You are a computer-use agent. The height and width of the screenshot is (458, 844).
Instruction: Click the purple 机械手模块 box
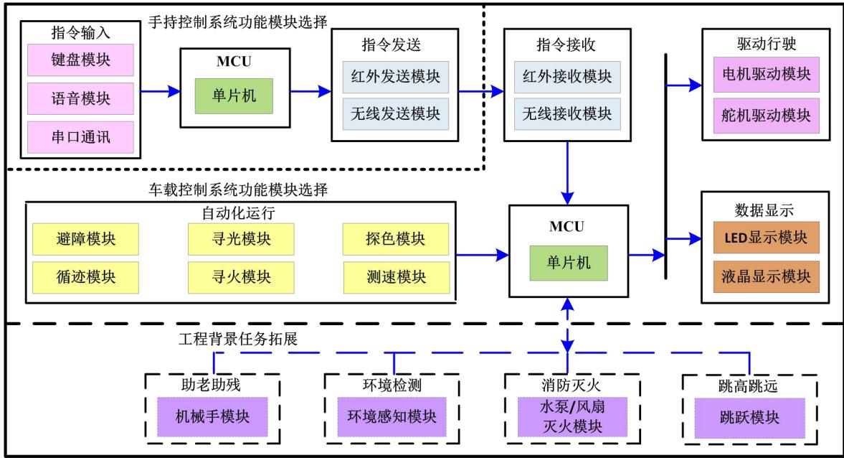tap(212, 416)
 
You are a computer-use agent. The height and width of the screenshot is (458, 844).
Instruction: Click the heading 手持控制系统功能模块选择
tap(237, 23)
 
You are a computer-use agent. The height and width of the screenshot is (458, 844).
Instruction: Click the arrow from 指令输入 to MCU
tap(159, 92)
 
